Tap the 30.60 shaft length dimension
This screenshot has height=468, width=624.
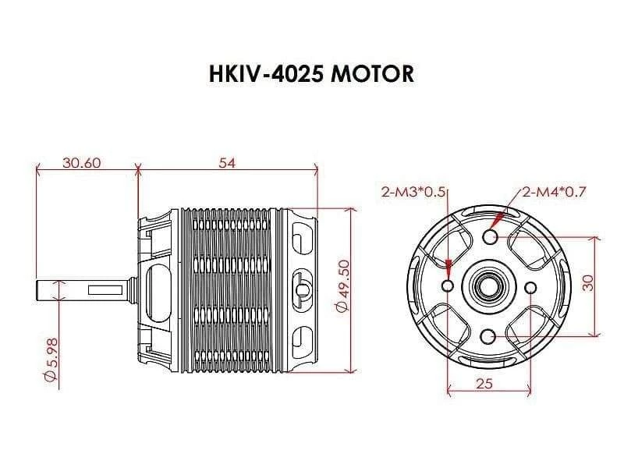pos(82,163)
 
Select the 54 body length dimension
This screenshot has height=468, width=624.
pos(227,163)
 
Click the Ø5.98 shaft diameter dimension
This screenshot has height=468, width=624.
pos(52,359)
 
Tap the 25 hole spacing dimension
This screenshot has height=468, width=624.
pos(484,383)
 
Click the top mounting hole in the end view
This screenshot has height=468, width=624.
pos(489,237)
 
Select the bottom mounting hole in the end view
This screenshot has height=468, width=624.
pos(489,336)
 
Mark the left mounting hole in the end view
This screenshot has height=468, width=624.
pos(448,287)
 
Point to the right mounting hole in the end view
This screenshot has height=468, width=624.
pos(530,287)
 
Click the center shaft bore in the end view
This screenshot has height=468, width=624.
pos(489,286)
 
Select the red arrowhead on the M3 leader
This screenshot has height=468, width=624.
pos(449,268)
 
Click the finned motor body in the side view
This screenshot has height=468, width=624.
pos(234,289)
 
